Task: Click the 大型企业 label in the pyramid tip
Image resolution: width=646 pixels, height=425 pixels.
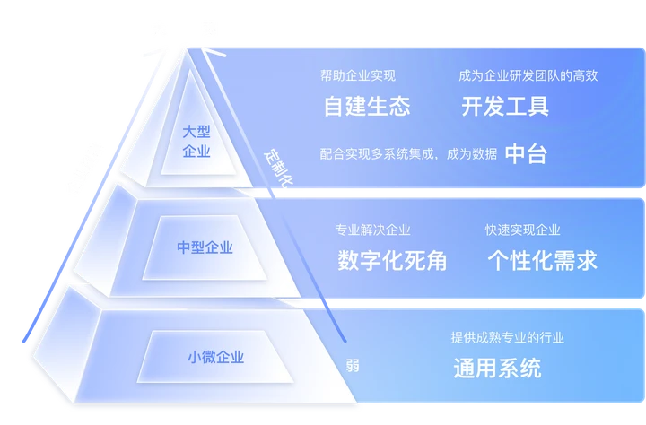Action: [196, 142]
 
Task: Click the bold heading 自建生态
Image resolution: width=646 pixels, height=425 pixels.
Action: [367, 108]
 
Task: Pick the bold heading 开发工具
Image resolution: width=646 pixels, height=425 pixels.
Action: [505, 108]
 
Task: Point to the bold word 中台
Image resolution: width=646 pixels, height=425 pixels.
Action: [526, 153]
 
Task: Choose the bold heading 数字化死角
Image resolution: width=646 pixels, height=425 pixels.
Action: [392, 261]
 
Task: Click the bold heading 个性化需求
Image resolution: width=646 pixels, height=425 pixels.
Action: [542, 261]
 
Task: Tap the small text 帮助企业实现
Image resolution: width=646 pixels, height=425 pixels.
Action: [357, 75]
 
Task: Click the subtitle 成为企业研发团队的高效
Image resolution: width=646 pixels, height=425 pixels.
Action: [528, 75]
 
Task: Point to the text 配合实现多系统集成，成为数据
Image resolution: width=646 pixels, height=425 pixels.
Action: [407, 154]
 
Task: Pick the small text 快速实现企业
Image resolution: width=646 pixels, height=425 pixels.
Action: [522, 230]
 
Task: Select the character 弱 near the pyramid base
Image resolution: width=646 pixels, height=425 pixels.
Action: [353, 366]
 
